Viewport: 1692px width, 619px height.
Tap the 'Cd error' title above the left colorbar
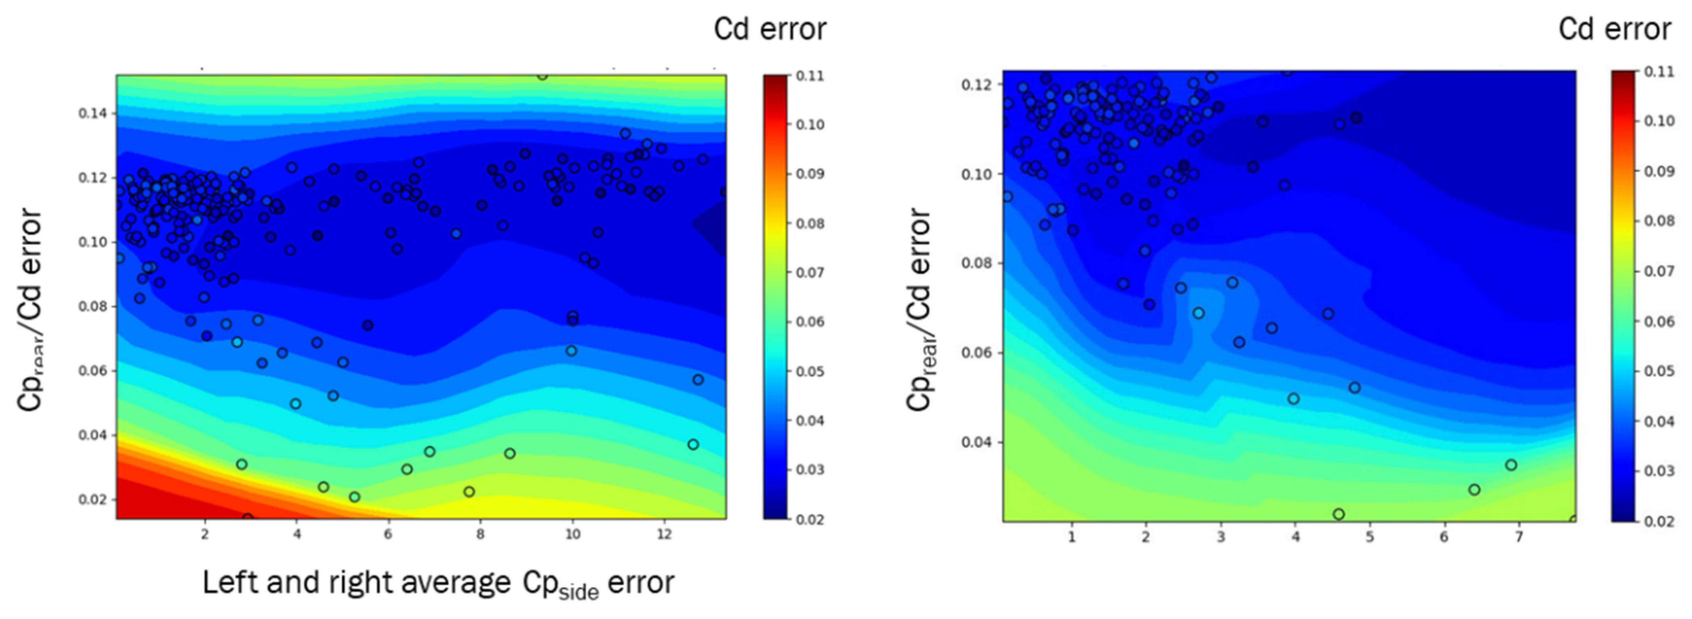770,29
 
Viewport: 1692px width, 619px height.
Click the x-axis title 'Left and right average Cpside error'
438,583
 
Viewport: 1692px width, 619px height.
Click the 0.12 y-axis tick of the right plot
978,85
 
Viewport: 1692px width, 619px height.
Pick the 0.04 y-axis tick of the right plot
978,442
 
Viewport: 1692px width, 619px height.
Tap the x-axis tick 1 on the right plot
1072,538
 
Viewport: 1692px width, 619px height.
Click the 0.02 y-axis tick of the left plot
92,500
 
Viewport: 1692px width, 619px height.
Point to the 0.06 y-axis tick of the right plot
978,352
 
